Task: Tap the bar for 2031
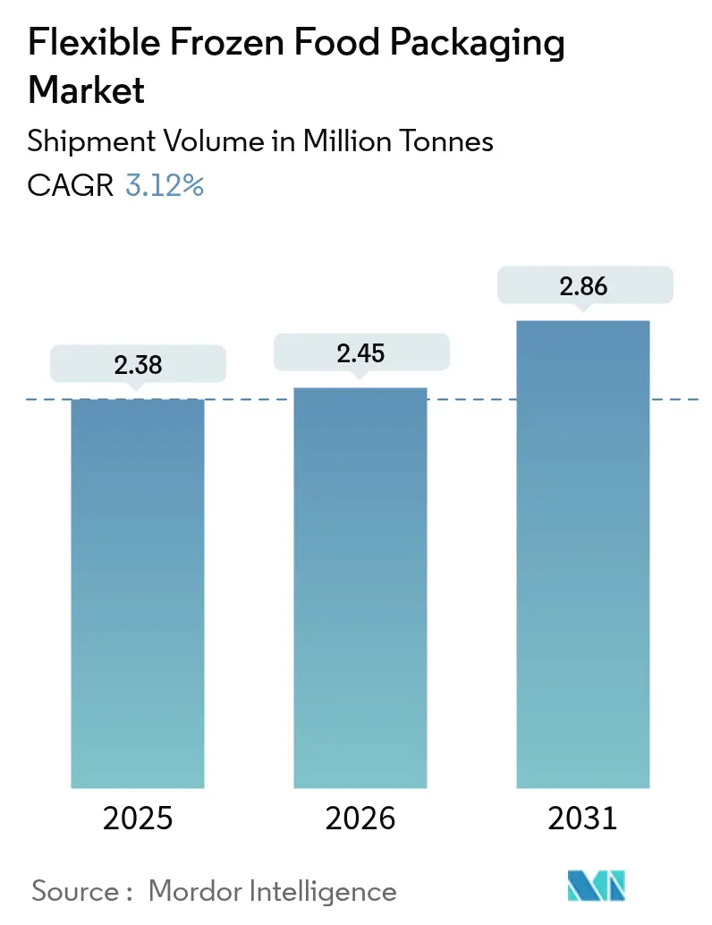583,554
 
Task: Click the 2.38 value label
138,364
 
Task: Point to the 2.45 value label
360,353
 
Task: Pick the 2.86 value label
583,286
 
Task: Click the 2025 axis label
138,819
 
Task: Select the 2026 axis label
360,819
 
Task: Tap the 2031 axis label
583,819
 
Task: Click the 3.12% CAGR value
165,186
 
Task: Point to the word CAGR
71,186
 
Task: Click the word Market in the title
88,90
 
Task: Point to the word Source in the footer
76,891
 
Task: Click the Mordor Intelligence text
272,891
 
